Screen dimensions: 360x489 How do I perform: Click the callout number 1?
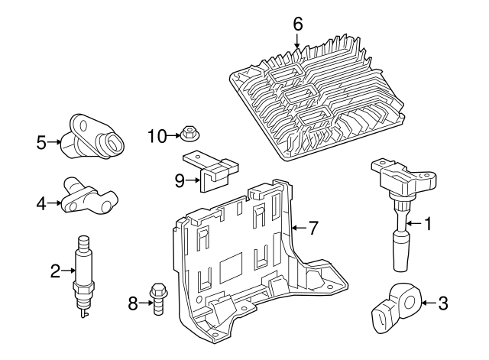coord(428,224)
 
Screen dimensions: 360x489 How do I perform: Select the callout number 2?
coord(55,270)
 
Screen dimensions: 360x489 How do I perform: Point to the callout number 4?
coord(41,203)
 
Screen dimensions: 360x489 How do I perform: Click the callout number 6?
coord(298,24)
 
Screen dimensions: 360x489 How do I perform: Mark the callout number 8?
coord(133,304)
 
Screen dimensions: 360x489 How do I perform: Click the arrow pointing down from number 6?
coord(298,42)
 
